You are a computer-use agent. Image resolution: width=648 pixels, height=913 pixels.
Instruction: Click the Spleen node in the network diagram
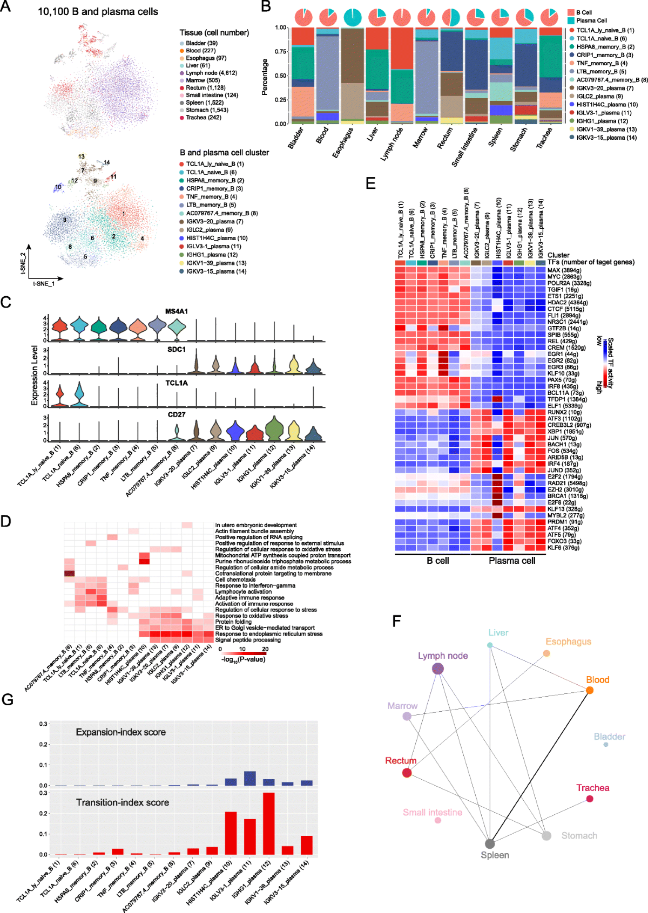pyautogui.click(x=490, y=843)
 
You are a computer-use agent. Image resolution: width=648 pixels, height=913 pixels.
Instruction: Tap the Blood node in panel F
pyautogui.click(x=590, y=690)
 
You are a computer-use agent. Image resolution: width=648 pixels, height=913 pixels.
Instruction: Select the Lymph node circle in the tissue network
pyautogui.click(x=438, y=669)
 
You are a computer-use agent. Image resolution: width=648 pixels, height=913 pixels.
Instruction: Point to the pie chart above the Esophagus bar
pyautogui.click(x=353, y=17)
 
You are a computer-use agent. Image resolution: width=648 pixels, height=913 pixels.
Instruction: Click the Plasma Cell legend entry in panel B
pyautogui.click(x=591, y=21)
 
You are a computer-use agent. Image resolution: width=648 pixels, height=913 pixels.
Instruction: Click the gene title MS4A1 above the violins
pyautogui.click(x=177, y=311)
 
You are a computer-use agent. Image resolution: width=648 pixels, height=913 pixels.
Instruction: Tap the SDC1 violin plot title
pyautogui.click(x=177, y=350)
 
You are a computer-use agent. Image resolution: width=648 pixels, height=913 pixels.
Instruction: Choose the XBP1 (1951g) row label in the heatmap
pyautogui.click(x=565, y=432)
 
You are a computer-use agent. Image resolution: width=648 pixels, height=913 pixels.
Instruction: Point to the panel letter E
pyautogui.click(x=370, y=183)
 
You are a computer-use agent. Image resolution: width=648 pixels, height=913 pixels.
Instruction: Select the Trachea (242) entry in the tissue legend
pyautogui.click(x=203, y=118)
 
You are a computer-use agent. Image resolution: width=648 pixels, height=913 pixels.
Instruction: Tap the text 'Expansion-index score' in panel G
pyautogui.click(x=120, y=732)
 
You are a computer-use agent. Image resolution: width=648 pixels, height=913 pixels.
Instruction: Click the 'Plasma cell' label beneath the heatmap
pyautogui.click(x=512, y=561)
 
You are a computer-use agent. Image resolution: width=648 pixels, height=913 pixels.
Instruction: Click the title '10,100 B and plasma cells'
pyautogui.click(x=98, y=11)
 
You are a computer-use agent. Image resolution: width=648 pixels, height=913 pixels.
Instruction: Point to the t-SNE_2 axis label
pyautogui.click(x=23, y=263)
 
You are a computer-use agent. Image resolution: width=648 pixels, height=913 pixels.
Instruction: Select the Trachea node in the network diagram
pyautogui.click(x=590, y=799)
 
